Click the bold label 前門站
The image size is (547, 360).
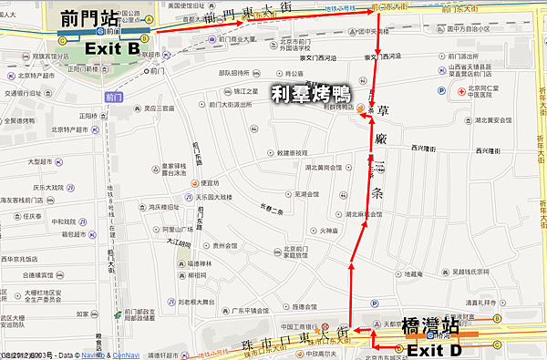click(89, 17)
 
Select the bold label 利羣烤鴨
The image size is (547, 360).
click(313, 93)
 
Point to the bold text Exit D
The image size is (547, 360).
click(433, 349)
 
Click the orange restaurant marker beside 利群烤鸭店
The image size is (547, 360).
click(361, 108)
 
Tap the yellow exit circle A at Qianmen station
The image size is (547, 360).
click(150, 18)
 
